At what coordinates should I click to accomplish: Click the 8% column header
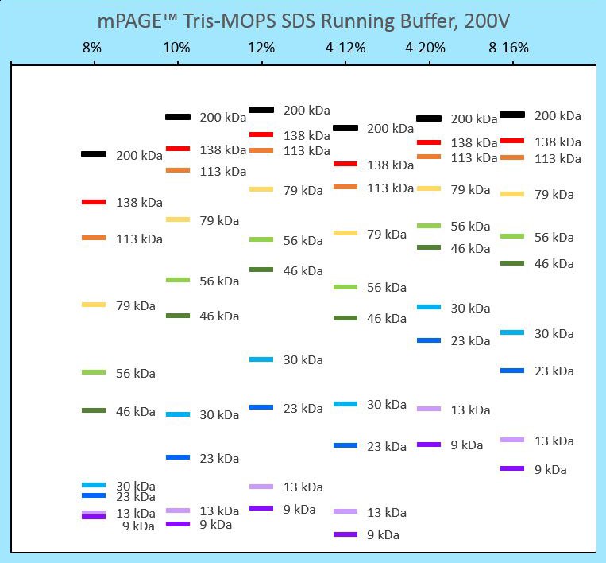click(92, 48)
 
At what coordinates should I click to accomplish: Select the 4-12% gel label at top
click(345, 48)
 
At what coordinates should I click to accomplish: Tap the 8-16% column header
click(509, 48)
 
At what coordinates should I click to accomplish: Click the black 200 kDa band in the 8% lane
click(94, 154)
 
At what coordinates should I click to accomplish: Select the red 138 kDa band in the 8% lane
click(94, 202)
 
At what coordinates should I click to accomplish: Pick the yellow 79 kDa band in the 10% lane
click(178, 219)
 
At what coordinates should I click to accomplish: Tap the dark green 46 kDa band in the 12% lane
click(261, 270)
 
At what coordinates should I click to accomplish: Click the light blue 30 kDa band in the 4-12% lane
click(345, 404)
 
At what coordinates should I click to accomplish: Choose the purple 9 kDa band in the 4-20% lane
click(429, 445)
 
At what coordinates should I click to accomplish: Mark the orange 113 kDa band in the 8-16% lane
click(512, 157)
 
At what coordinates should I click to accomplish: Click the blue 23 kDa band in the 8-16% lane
click(512, 371)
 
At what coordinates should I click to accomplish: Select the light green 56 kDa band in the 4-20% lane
click(429, 226)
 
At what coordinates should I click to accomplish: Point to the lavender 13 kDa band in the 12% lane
click(261, 487)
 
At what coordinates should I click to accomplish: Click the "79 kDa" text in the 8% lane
click(136, 306)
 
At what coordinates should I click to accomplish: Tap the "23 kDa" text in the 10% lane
click(219, 459)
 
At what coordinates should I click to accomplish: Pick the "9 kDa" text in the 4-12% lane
click(383, 535)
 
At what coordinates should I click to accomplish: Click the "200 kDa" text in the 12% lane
click(307, 111)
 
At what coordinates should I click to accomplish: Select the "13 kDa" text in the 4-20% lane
click(470, 410)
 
